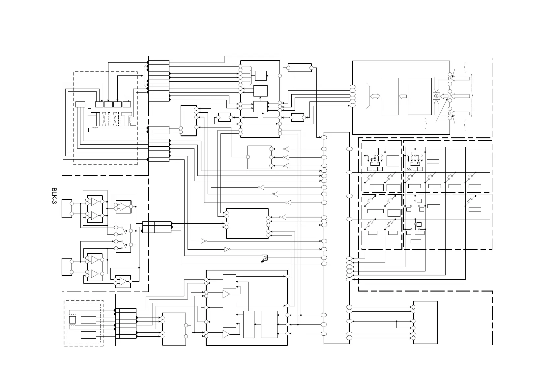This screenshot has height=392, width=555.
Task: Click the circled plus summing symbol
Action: pyautogui.click(x=436, y=96)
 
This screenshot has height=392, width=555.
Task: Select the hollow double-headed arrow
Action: pyautogui.click(x=375, y=96)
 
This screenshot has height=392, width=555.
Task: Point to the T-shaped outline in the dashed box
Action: pyautogui.click(x=127, y=119)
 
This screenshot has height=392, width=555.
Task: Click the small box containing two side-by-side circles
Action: pyautogui.click(x=410, y=169)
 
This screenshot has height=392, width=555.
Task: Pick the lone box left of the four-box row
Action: pyautogui.click(x=80, y=104)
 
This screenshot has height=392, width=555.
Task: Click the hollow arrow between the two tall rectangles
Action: pyautogui.click(x=403, y=96)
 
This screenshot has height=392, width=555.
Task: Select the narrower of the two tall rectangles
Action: pyautogui.click(x=390, y=96)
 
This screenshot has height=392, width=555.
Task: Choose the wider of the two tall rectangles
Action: pyautogui.click(x=420, y=96)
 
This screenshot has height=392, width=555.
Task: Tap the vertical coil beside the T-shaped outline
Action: pyautogui.click(x=132, y=121)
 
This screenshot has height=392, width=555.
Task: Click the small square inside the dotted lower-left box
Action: pyautogui.click(x=73, y=320)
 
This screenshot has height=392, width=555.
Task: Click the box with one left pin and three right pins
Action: pyautogui.click(x=259, y=157)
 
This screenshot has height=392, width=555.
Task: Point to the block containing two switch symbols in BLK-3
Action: pyautogui.click(x=123, y=238)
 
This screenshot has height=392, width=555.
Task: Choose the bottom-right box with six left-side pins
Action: pyautogui.click(x=425, y=322)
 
